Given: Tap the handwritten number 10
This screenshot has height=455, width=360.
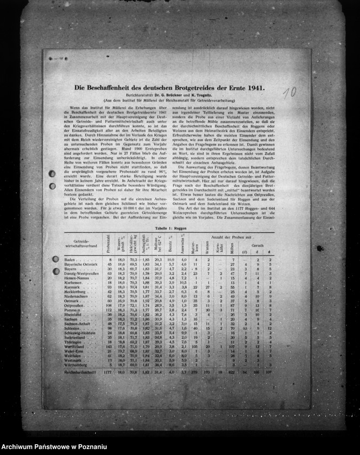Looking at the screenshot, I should tap(290, 92).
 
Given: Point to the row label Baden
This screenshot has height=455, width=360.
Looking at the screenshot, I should tap(70, 260).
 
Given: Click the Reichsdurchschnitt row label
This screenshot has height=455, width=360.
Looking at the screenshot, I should tap(80, 373).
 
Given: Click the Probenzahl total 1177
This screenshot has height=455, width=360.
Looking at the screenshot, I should tap(107, 373).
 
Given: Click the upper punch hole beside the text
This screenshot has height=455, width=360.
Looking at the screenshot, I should tap(52, 174).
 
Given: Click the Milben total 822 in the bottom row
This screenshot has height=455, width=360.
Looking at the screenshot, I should tap(232, 373).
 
